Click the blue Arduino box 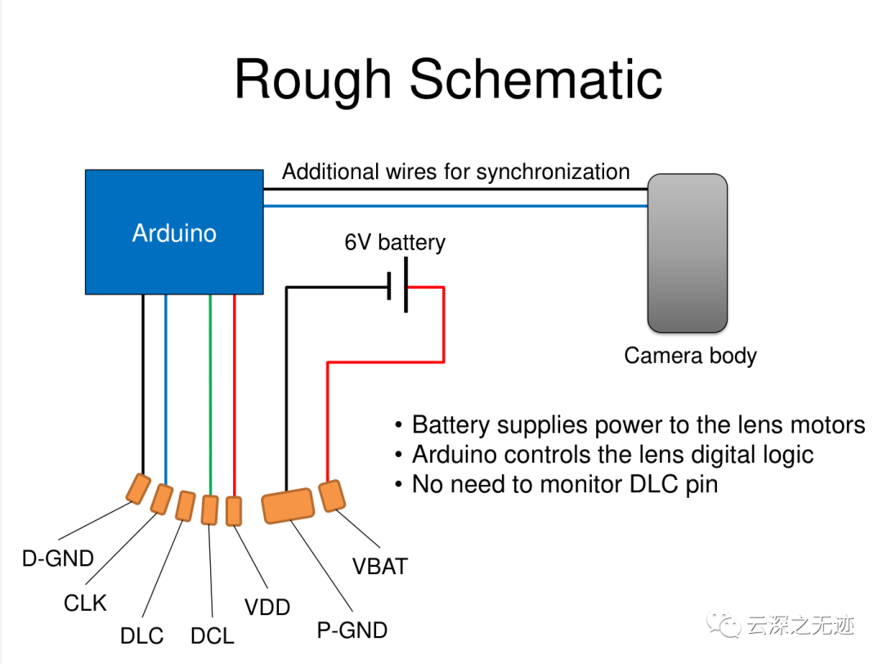point(174,232)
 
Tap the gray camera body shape point(687,253)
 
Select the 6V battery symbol point(397,285)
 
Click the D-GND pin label point(58,559)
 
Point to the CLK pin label point(85,603)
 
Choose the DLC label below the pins point(142,636)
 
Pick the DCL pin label point(213,636)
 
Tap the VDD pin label point(267,607)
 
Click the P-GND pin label point(352,630)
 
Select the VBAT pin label point(380,567)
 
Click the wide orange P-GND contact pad point(288,505)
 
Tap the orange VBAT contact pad point(332,496)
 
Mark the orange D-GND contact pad point(138,488)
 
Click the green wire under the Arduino point(210,395)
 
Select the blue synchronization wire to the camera point(455,206)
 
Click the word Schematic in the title point(536,79)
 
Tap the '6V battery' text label point(395,243)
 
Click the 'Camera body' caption point(690,356)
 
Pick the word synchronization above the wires point(553,173)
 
